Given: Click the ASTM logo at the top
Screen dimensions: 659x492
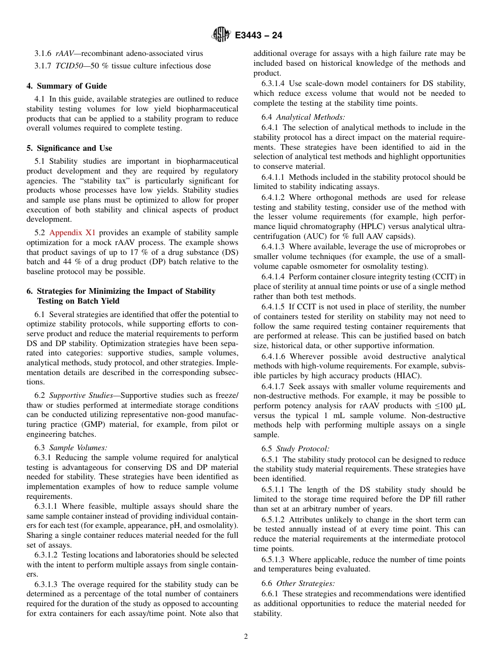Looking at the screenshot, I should tap(222, 35).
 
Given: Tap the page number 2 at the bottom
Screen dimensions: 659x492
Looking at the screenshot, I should tap(246, 637).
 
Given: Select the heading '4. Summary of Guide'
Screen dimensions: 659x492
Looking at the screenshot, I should tap(67, 86).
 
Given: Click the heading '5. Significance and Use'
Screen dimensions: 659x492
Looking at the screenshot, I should tap(69, 148).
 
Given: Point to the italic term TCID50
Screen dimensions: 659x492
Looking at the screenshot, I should tap(69, 66).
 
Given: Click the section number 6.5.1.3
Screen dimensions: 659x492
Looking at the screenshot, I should tap(274, 560).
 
